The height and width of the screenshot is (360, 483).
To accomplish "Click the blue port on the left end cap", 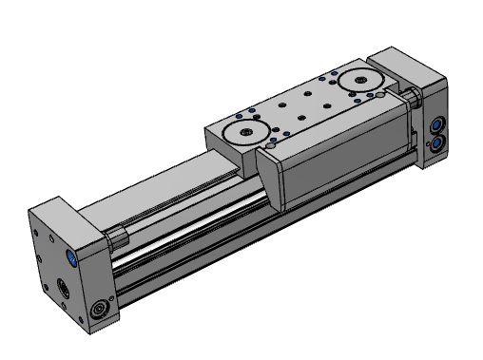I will pos(72,257).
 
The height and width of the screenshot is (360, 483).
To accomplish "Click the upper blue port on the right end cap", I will pos(435,124).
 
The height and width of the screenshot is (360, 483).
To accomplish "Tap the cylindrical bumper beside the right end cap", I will pos(414,97).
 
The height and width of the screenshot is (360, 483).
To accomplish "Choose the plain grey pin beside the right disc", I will pos(379,96).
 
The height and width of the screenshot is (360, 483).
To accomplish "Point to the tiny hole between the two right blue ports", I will pos(429,135).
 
